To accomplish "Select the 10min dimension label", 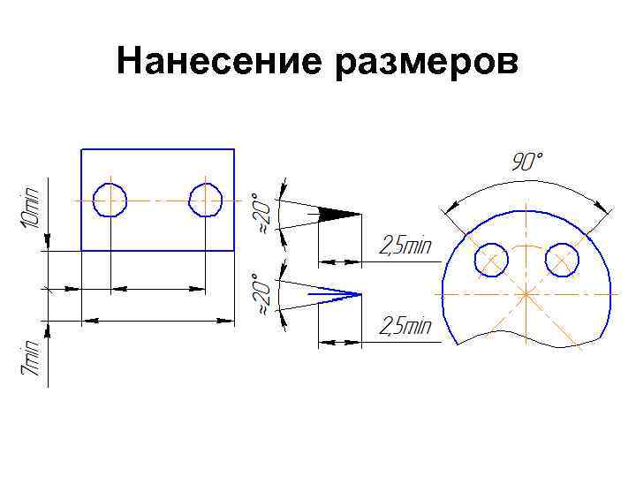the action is pyautogui.click(x=32, y=205).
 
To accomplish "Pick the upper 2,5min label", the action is pyautogui.click(x=405, y=246).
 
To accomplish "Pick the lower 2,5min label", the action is pyautogui.click(x=405, y=328).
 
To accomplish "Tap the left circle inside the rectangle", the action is pyautogui.click(x=110, y=200).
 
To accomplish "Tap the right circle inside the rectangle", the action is pyautogui.click(x=205, y=200).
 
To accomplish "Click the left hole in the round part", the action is pyautogui.click(x=491, y=260).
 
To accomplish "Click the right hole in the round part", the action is pyautogui.click(x=562, y=260).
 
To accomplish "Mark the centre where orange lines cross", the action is pyautogui.click(x=526, y=292).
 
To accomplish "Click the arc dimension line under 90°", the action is pyautogui.click(x=526, y=183).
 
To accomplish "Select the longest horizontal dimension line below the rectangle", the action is pyautogui.click(x=158, y=320).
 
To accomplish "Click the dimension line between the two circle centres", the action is pyautogui.click(x=158, y=288).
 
